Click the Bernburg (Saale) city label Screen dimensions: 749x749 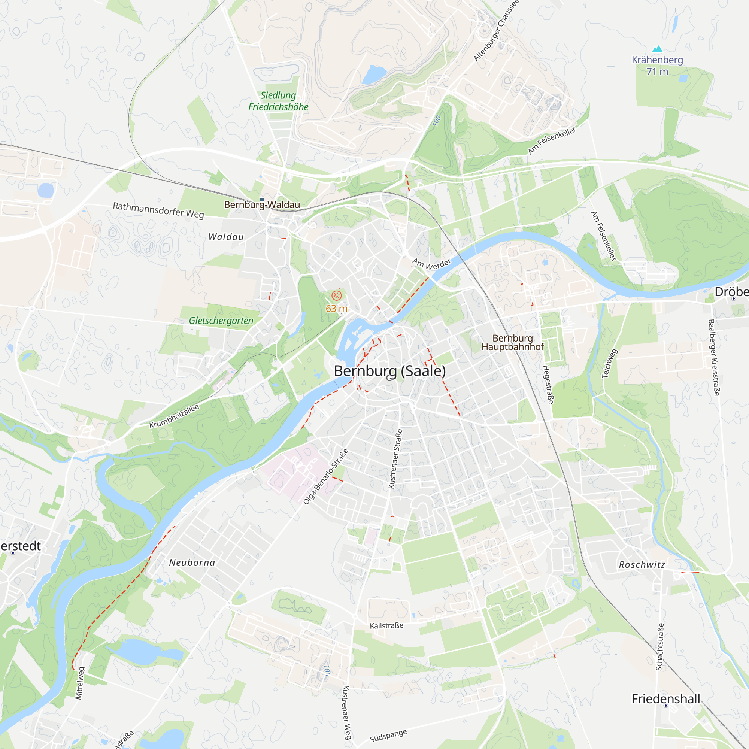tap(389, 371)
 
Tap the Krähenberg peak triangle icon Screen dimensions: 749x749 tap(657, 49)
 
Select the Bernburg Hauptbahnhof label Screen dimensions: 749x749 tap(513, 343)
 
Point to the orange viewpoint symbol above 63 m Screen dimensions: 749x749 tap(337, 296)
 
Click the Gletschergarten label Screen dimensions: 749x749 tap(221, 321)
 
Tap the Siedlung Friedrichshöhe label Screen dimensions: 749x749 tap(278, 101)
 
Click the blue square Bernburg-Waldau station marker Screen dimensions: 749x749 tap(262, 200)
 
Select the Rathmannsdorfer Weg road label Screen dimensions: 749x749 tap(158, 210)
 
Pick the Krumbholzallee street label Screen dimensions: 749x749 tap(174, 416)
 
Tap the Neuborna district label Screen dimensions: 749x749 tap(192, 562)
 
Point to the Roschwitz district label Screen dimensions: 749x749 tap(642, 565)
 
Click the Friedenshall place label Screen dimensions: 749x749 tap(665, 698)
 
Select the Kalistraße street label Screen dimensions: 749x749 tap(386, 626)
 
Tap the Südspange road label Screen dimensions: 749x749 tap(388, 736)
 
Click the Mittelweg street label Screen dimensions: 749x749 tap(79, 683)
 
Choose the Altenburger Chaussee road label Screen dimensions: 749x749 tap(496, 31)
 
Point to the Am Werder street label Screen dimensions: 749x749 tap(431, 264)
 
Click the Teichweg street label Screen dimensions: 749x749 tap(609, 363)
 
